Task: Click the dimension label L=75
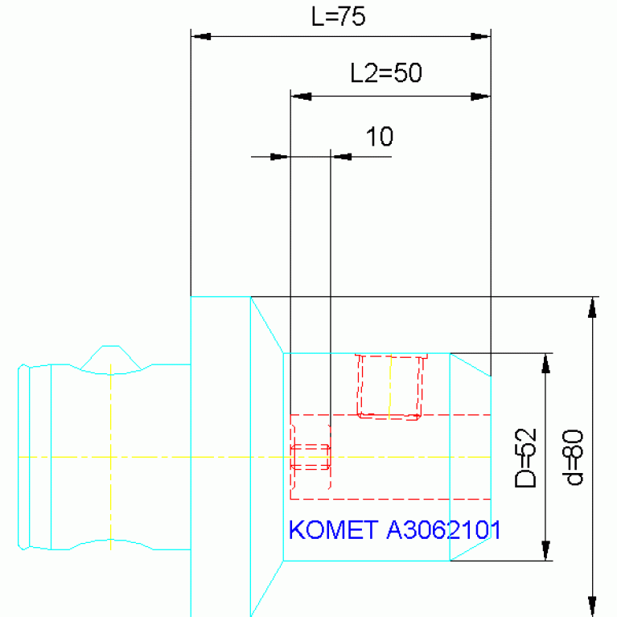[339, 17]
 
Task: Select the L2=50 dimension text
[386, 72]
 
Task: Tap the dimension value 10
[380, 137]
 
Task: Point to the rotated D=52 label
[526, 458]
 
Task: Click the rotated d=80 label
[573, 457]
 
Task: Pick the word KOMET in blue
[333, 529]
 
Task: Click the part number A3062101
[443, 529]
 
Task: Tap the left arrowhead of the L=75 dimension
[200, 36]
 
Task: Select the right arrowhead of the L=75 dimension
[481, 36]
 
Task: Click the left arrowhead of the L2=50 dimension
[301, 97]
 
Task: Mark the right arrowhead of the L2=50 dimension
[481, 97]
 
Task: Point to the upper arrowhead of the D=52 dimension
[545, 363]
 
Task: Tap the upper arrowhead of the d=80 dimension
[592, 307]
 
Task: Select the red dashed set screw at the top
[390, 387]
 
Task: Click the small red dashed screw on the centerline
[311, 457]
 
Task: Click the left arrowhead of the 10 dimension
[280, 157]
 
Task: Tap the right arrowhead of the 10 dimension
[341, 157]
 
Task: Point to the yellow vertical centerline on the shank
[110, 456]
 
